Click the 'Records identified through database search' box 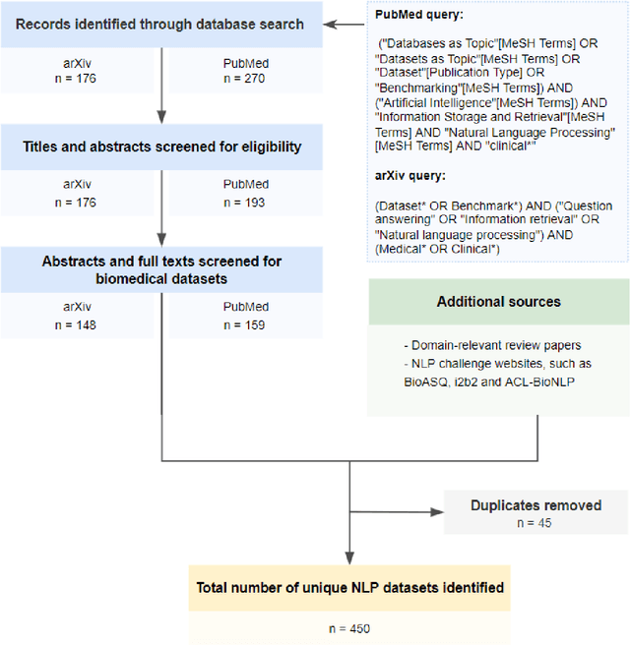point(161,25)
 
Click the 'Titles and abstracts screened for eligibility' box point(161,147)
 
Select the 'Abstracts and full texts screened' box point(161,268)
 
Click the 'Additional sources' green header point(498,302)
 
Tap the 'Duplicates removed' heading point(535,505)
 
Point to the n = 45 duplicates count point(535,522)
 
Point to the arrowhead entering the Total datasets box point(349,558)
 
